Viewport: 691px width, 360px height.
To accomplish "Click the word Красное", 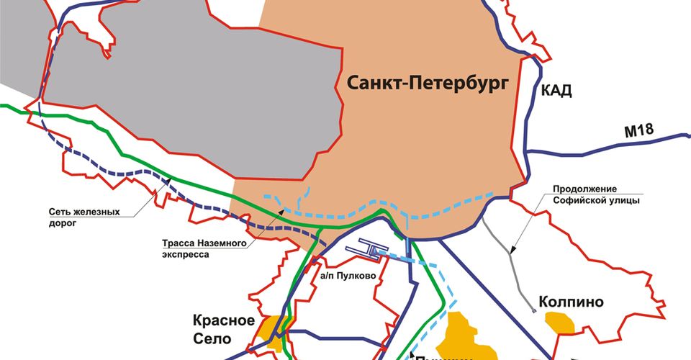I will [x=224, y=320].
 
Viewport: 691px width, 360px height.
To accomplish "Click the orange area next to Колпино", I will [x=560, y=322].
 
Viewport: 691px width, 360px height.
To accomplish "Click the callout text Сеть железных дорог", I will [x=83, y=217].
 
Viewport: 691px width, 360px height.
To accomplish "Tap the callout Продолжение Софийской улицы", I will [x=596, y=194].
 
